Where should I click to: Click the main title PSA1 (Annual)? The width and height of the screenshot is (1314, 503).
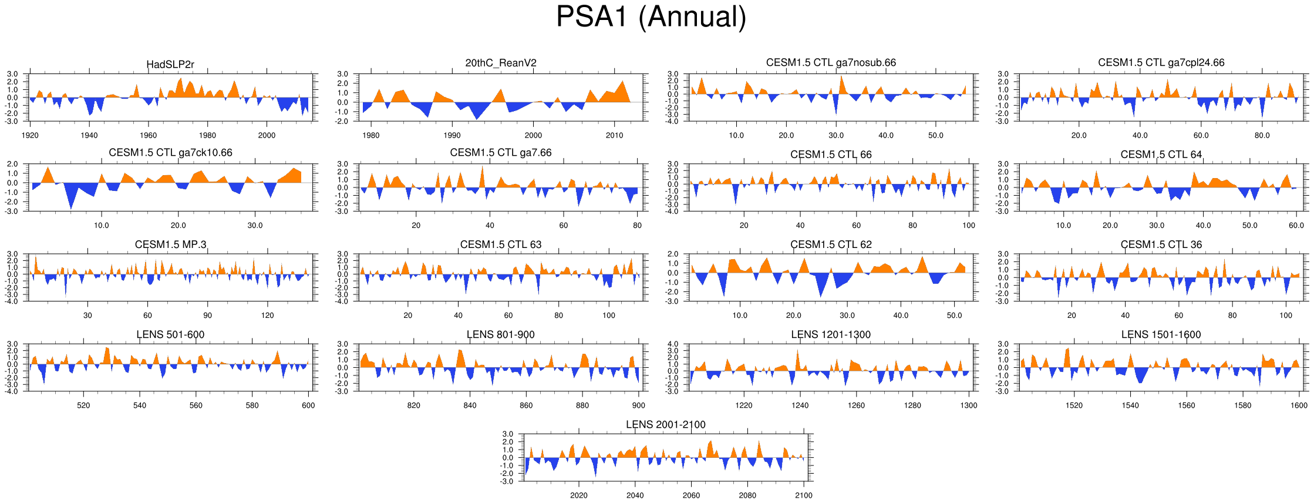click(651, 16)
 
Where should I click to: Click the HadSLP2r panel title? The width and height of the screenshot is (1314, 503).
click(170, 64)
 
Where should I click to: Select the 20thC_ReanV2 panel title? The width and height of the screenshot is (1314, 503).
click(501, 63)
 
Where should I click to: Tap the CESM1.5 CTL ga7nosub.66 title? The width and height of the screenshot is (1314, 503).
click(831, 62)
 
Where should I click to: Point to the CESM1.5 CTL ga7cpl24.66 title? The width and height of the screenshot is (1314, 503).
click(1161, 62)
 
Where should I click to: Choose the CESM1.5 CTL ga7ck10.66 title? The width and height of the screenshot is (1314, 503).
click(170, 153)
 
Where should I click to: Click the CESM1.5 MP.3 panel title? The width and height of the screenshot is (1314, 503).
click(170, 244)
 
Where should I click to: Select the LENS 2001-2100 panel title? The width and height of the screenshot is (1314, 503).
click(665, 424)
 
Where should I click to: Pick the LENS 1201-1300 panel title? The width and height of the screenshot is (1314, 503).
click(831, 334)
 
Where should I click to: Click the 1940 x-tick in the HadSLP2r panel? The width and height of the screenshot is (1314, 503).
click(89, 135)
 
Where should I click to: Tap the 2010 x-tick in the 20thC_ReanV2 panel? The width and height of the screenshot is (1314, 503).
click(614, 135)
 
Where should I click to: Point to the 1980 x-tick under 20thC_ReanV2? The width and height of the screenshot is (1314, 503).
click(371, 135)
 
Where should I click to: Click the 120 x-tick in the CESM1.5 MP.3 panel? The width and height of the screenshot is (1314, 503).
click(267, 316)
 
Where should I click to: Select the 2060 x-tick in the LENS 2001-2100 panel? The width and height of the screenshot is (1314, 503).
click(691, 495)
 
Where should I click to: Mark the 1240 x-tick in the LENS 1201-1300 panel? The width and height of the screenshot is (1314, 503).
click(800, 405)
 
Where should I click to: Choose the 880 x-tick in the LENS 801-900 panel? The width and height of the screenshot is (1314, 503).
click(582, 405)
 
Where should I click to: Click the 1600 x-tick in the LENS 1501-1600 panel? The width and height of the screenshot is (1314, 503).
click(1299, 405)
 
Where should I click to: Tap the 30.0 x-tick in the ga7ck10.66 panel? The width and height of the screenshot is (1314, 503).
click(255, 225)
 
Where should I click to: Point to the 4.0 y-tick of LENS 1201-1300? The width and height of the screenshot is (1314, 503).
click(673, 344)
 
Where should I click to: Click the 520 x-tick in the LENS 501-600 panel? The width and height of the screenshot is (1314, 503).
click(83, 405)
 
